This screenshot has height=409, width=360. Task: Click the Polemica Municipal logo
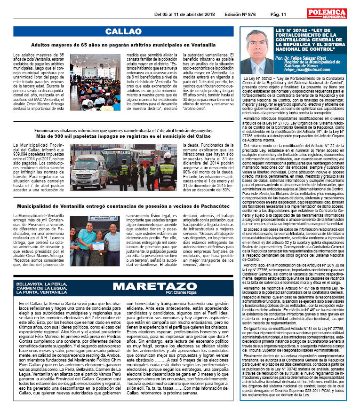327,14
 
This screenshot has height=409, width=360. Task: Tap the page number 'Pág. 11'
278,15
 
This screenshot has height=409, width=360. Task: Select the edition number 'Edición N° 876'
240,15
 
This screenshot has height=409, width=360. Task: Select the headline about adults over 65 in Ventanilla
123,45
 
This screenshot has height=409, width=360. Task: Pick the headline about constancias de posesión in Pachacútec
123,206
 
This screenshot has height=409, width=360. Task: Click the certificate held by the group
97,245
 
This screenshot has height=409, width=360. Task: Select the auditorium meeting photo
96,82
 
